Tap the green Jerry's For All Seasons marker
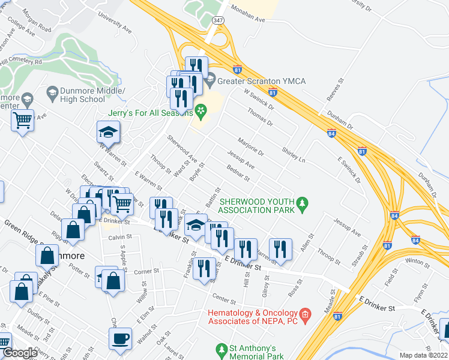pos(200,112)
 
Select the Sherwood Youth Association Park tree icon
pos(303,205)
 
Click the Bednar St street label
pos(238,173)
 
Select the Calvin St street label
pos(120,237)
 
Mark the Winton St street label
pos(415,261)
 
